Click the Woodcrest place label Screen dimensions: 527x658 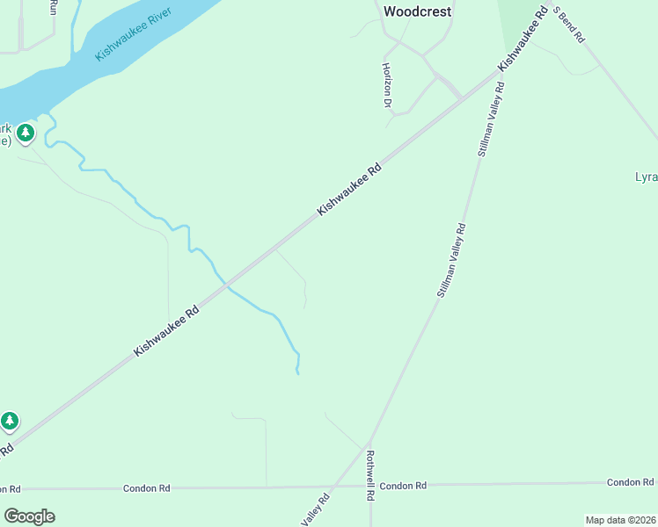(x=418, y=11)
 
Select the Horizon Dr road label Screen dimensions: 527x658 (x=386, y=85)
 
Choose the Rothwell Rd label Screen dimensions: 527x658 (x=371, y=475)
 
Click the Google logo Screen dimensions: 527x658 (x=29, y=516)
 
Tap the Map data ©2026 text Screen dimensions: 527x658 (x=621, y=520)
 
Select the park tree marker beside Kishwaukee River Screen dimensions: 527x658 (x=26, y=134)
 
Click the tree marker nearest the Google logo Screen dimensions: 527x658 (x=10, y=422)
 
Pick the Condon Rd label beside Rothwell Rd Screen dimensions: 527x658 (x=403, y=486)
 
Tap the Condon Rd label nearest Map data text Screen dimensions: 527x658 (x=630, y=482)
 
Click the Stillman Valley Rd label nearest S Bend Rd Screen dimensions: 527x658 (x=491, y=119)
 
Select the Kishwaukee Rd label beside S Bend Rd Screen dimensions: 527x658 (x=523, y=40)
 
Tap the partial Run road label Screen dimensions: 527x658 (x=53, y=7)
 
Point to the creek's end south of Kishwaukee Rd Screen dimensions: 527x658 (x=298, y=373)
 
